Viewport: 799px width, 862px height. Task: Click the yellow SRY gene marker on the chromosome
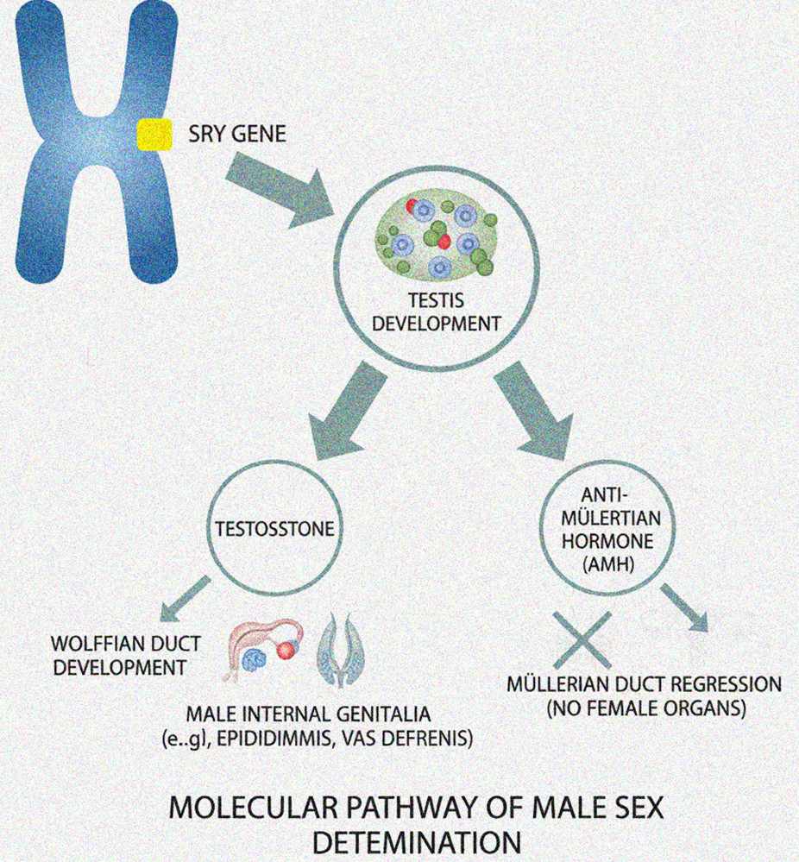point(154,135)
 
